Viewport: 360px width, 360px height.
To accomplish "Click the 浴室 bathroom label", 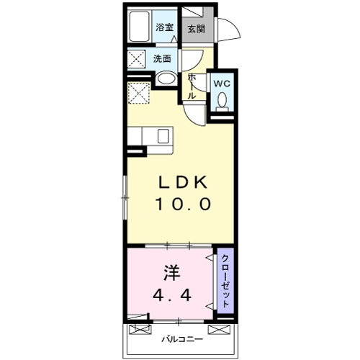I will click(x=165, y=28).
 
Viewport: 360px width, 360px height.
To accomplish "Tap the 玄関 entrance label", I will click(x=196, y=29).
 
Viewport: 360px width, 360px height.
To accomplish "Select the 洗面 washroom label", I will click(x=163, y=59).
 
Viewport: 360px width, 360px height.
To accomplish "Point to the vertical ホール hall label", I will click(x=192, y=86).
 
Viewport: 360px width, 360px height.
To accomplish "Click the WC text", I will click(x=222, y=83).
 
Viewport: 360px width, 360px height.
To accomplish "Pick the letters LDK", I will click(x=182, y=182).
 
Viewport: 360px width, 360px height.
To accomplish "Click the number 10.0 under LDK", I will click(x=182, y=204).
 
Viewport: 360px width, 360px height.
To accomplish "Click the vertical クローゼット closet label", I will click(x=225, y=281).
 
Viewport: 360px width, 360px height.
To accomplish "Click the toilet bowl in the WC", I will click(x=222, y=101).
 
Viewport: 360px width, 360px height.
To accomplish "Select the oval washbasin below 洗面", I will click(x=165, y=80).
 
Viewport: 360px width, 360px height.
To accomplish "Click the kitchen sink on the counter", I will click(x=162, y=135).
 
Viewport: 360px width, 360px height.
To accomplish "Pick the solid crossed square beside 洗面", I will click(x=138, y=59).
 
